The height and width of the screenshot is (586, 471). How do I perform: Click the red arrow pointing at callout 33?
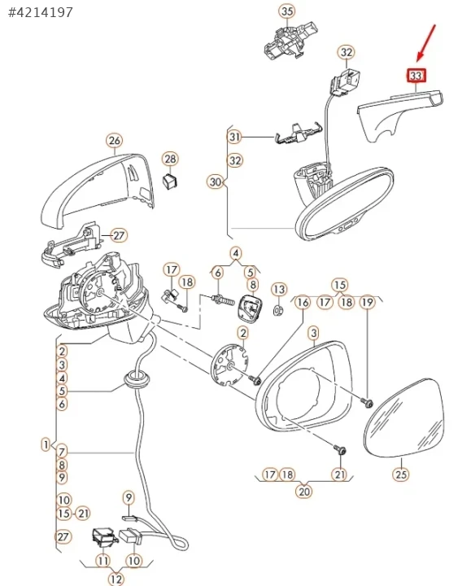point(426,42)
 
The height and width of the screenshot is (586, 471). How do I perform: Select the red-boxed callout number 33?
point(416,76)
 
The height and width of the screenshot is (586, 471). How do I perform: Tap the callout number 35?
point(287,11)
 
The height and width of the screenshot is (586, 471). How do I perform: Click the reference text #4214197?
point(41,12)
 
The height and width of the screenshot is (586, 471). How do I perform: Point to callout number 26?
point(115,141)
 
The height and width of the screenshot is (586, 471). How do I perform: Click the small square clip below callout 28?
point(170,181)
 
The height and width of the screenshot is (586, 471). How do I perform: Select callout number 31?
point(234,137)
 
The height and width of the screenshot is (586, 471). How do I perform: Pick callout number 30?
point(216,182)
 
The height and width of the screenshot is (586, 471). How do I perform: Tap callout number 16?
point(303,302)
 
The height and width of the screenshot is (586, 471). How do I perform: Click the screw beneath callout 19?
point(368,403)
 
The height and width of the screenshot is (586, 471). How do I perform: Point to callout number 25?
point(401,474)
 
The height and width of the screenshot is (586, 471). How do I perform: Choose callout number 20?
point(304,491)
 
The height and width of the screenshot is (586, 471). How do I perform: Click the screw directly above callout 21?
point(339,449)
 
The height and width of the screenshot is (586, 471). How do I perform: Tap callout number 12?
point(116,579)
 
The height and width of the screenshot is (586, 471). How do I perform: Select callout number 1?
point(46,444)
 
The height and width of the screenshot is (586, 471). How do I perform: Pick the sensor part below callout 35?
point(290,40)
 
